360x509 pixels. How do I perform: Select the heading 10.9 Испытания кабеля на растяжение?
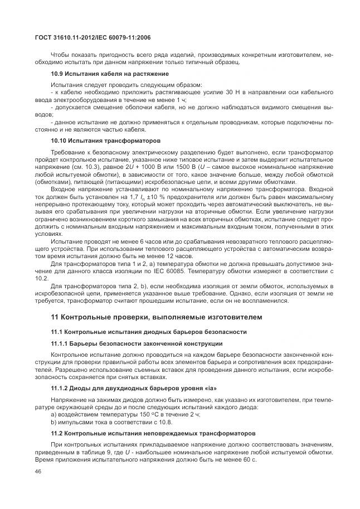coord(110,74)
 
